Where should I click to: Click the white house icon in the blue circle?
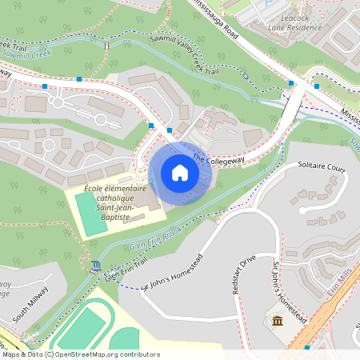pyautogui.click(x=180, y=173)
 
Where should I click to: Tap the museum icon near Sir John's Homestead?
pyautogui.click(x=277, y=321)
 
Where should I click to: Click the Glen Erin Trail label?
pyautogui.click(x=126, y=266)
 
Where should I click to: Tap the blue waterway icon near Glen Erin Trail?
pyautogui.click(x=97, y=266)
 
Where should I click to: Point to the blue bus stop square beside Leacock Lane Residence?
pyautogui.click(x=317, y=86)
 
